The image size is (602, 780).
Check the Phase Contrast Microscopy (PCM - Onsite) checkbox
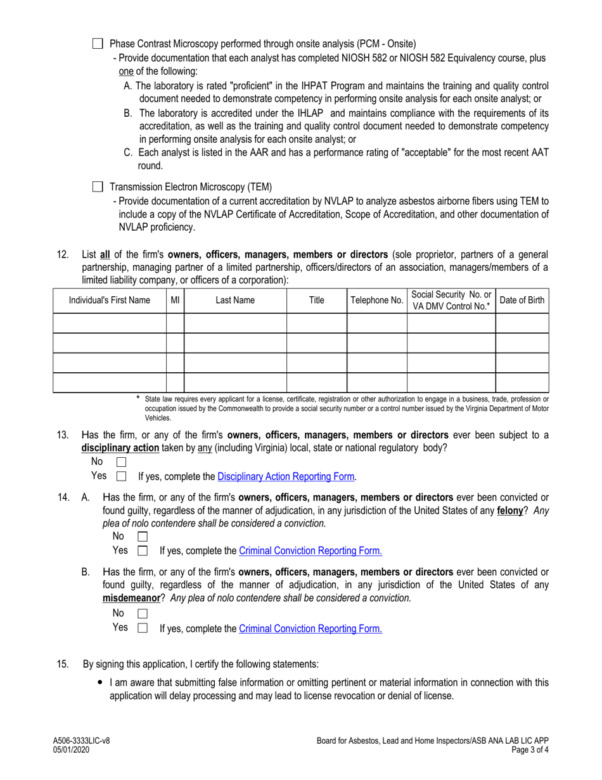point(97,44)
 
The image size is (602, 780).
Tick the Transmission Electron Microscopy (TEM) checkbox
point(97,187)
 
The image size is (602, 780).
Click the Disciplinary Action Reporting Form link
point(286,476)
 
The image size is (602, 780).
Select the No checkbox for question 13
point(122,462)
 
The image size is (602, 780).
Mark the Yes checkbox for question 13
point(122,476)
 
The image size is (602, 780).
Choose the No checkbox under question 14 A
point(143,536)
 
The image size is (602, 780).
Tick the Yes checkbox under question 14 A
point(143,550)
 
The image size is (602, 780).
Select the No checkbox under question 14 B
point(143,613)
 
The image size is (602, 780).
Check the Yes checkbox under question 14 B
point(143,628)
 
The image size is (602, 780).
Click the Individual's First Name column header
point(110,301)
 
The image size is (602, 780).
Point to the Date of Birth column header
point(522,301)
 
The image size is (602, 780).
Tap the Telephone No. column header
point(377,301)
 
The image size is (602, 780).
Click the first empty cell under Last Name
point(235,323)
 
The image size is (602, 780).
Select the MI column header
point(176,301)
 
